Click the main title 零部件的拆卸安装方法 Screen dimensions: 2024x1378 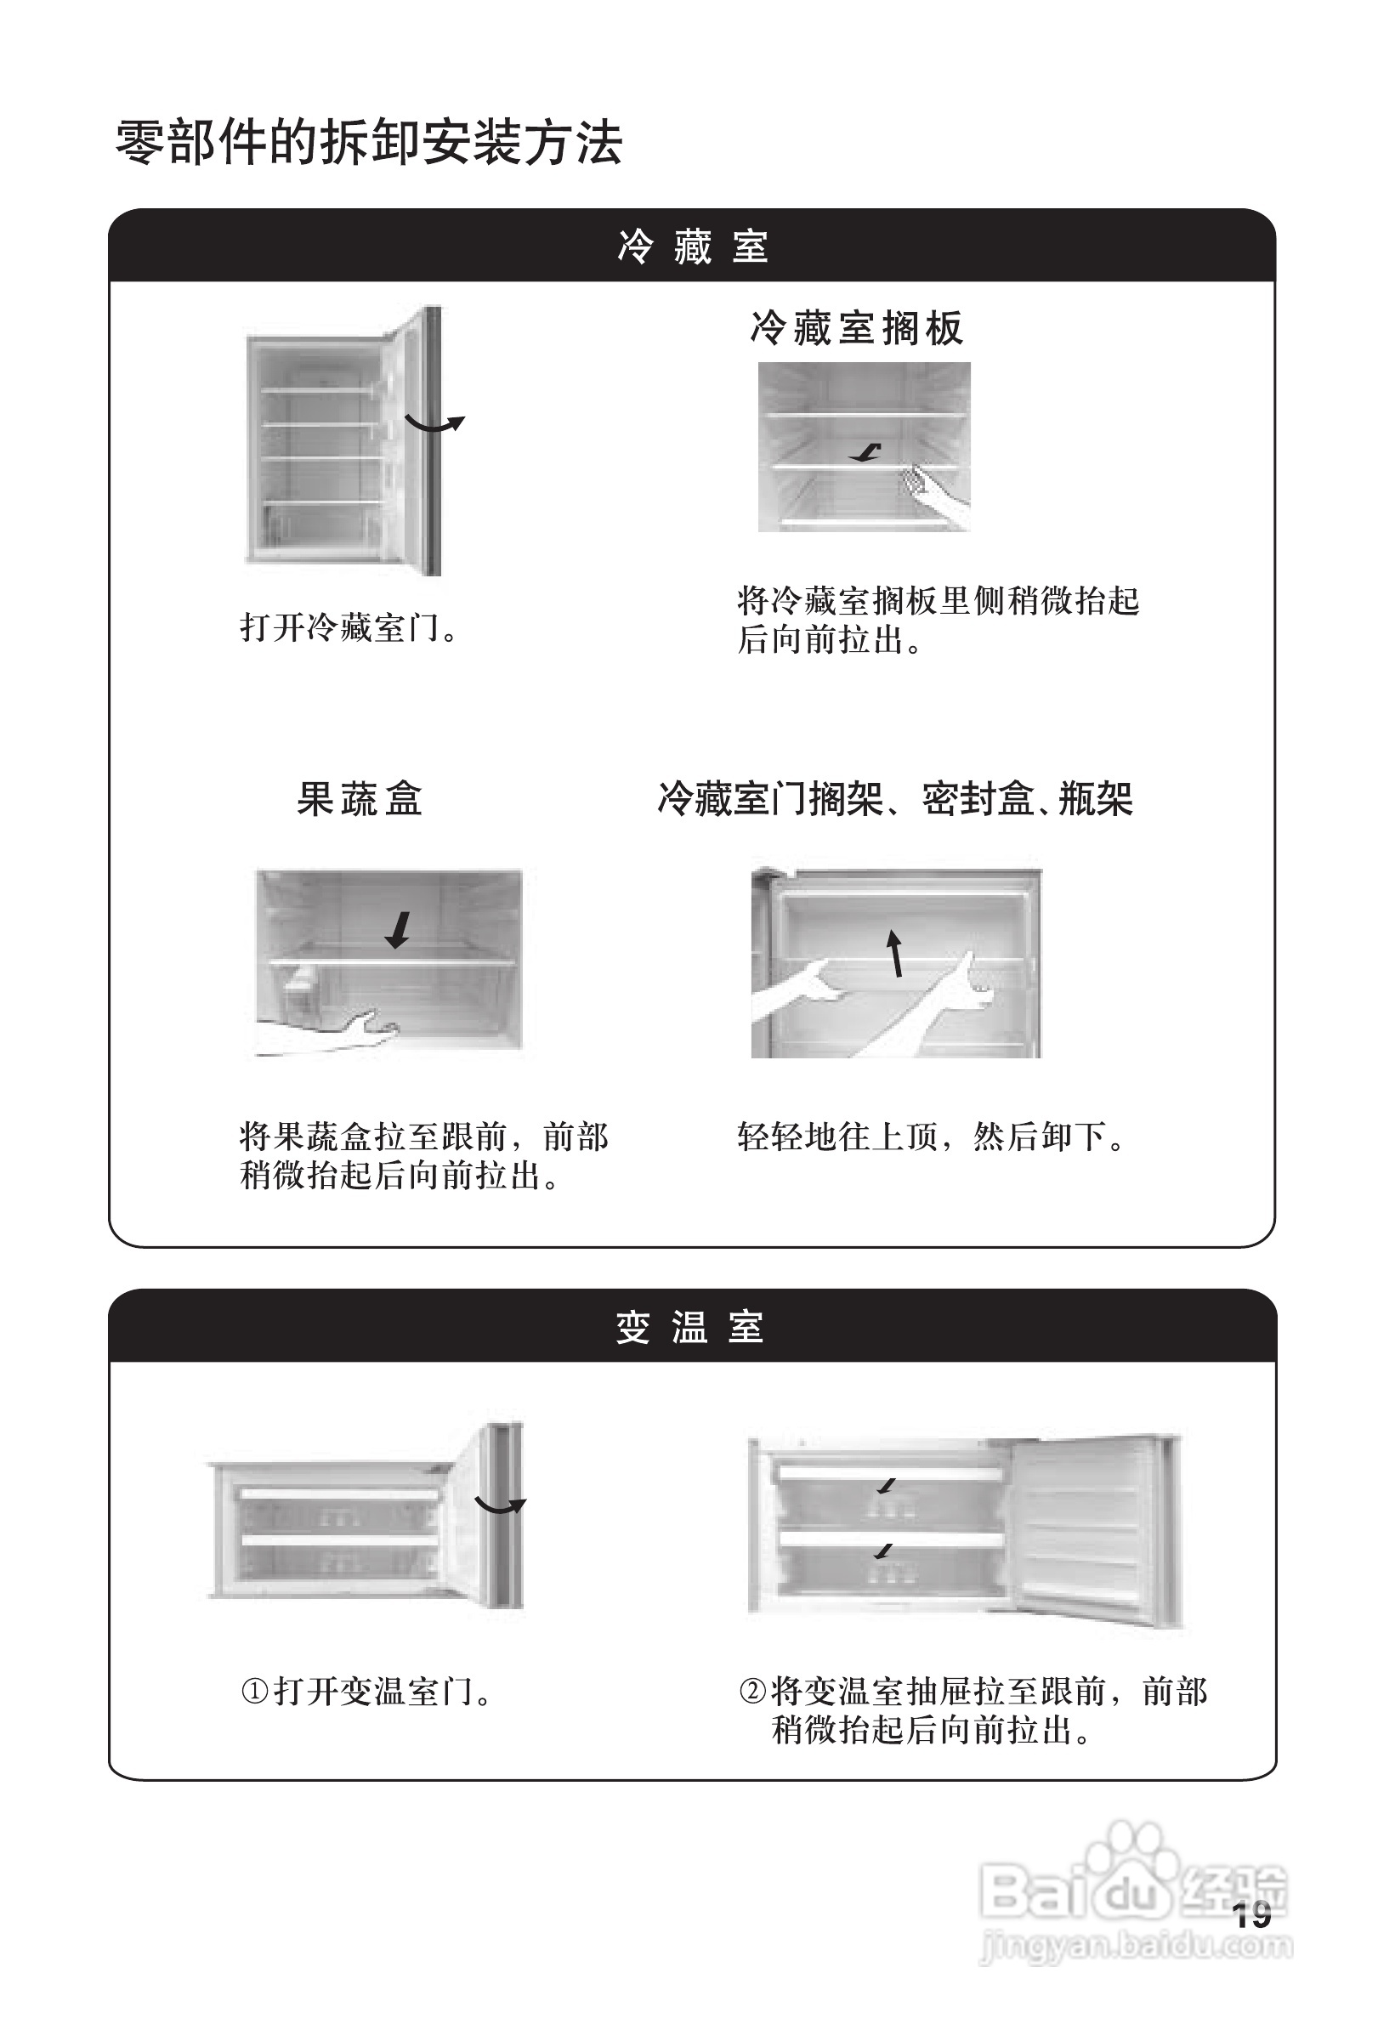368,143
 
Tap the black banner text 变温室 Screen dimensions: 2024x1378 690,1328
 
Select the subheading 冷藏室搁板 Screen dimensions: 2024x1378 856,329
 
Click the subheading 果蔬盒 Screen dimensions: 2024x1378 360,798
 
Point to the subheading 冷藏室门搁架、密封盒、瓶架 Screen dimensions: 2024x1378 894,798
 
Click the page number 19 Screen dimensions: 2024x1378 1251,1915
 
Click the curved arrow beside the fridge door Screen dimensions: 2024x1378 434,424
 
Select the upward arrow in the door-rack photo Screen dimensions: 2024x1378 894,953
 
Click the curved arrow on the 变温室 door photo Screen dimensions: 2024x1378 500,1505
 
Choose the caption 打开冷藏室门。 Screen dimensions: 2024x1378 349,627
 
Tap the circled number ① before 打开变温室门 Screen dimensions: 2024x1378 254,1692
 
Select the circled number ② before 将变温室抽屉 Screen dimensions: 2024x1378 751,1692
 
